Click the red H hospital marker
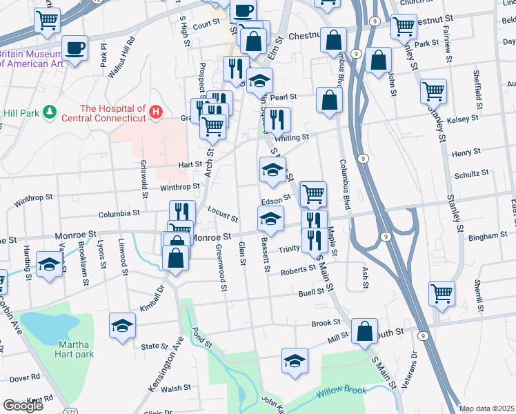click(x=157, y=110)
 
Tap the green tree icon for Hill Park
click(x=49, y=112)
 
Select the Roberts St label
click(x=297, y=271)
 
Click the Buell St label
click(x=311, y=293)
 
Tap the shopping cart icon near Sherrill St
click(x=441, y=292)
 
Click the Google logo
click(x=23, y=406)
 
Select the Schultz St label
click(x=470, y=172)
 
